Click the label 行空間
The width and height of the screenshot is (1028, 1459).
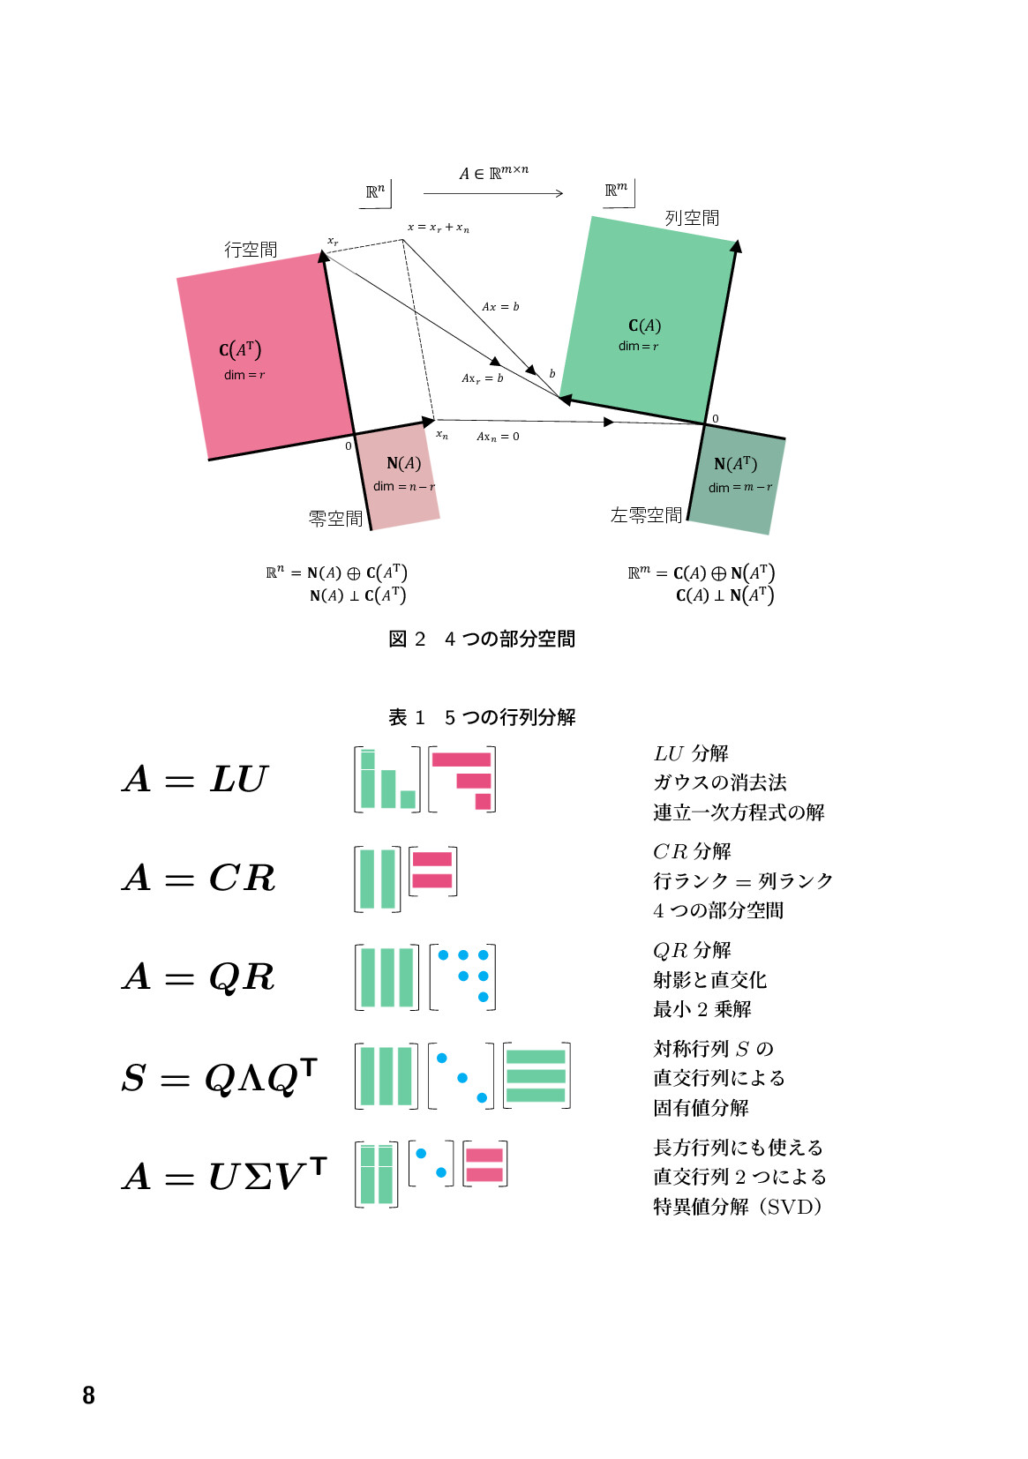pos(251,250)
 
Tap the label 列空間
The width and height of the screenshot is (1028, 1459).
pos(692,218)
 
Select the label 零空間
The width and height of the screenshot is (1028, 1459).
pos(335,519)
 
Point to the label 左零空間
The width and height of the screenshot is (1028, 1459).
pos(646,515)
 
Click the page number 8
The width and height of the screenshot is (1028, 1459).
pos(88,1395)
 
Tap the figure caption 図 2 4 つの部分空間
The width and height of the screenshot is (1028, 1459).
pos(482,639)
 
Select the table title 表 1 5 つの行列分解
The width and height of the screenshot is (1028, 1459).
pos(482,717)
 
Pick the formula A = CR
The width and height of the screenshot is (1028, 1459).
pos(199,879)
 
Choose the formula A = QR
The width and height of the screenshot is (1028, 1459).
pos(199,977)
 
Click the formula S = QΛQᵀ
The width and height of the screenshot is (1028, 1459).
pos(218,1076)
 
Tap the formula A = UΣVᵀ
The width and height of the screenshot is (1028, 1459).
pos(224,1175)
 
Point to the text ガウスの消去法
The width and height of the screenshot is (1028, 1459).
pos(719,782)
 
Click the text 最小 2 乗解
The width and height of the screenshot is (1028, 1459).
pos(702,1009)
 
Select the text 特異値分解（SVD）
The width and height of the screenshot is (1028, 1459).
pos(738,1207)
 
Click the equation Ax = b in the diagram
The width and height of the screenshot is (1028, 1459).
pos(500,307)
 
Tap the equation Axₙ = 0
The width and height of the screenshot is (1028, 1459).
pos(498,437)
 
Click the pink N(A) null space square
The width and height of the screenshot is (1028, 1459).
pos(401,481)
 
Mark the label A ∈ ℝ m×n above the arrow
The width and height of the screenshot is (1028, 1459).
pos(493,173)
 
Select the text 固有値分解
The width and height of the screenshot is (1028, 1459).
pos(701,1108)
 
